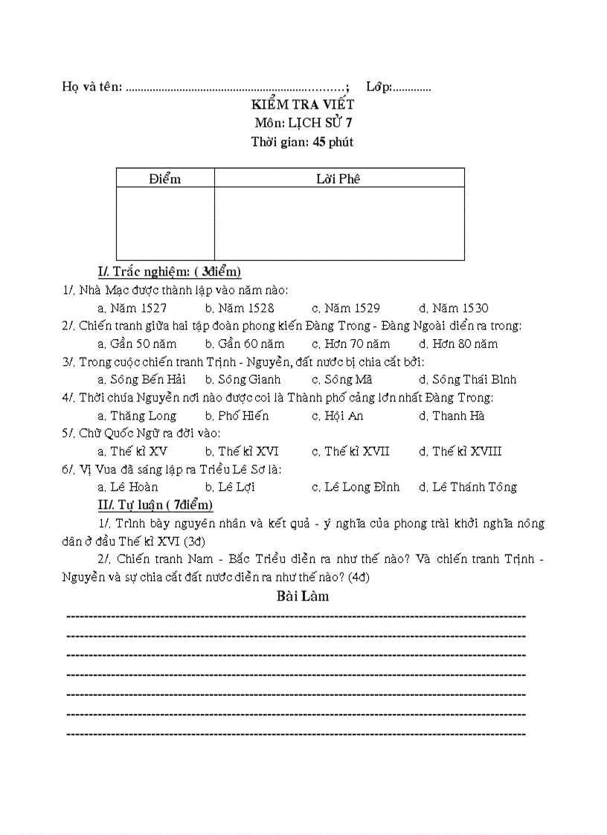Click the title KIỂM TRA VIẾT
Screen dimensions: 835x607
302,105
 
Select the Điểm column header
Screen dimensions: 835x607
164,178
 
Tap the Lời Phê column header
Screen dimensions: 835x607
338,178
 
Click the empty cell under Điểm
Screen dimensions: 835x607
165,223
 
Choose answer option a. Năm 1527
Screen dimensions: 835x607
132,308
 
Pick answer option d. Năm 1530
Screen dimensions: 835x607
454,308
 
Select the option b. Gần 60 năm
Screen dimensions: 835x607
245,344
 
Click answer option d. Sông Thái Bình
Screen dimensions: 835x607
467,379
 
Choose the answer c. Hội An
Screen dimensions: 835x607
338,416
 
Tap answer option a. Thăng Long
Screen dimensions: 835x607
137,416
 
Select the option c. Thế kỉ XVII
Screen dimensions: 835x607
350,451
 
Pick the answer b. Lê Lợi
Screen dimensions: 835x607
235,487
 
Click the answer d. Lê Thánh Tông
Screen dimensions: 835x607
467,487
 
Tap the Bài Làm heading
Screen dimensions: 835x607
303,596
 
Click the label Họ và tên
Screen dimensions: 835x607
92,87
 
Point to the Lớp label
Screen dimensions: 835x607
379,87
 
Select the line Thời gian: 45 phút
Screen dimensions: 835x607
302,142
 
